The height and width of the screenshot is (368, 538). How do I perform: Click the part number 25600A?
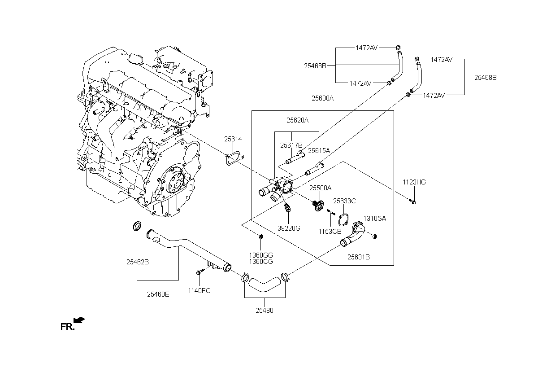pos(322,98)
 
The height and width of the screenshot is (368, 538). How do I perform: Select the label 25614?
pos(233,139)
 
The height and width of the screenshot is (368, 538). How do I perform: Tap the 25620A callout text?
pos(297,120)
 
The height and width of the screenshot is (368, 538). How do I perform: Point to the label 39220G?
pos(289,228)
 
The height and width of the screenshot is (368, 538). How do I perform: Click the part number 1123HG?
pos(414,182)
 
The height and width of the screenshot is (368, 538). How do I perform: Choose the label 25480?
pos(265,311)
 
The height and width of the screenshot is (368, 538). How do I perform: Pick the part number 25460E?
pos(158,294)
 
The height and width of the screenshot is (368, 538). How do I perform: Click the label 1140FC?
pos(199,291)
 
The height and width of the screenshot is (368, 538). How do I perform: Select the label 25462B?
pos(138,262)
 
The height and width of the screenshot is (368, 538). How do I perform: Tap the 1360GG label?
pos(261,255)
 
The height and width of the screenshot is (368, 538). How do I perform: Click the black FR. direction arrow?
pos(79,320)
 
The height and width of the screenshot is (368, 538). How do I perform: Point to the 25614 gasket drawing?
pos(234,158)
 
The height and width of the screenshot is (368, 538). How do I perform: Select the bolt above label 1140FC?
pos(200,272)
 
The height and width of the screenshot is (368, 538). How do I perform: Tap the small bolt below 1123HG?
pos(412,201)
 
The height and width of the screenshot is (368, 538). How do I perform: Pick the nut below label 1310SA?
pos(375,237)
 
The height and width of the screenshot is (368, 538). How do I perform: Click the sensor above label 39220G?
pos(287,207)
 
